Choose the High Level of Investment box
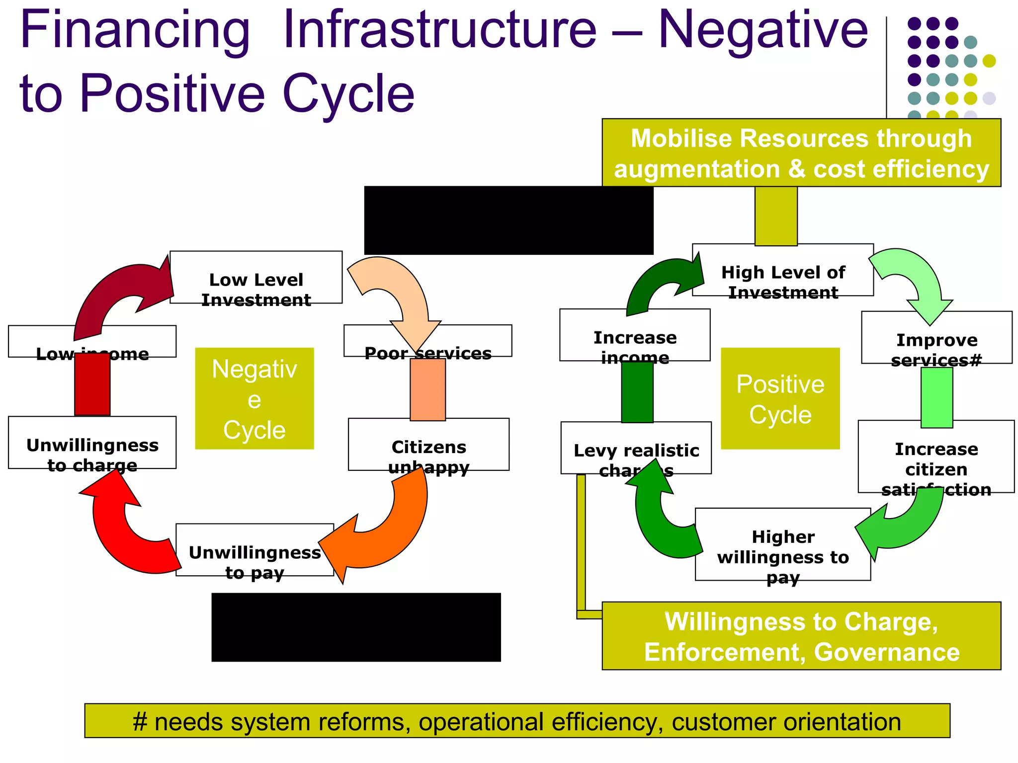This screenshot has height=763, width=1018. pos(783,271)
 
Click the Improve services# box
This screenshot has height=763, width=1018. pos(936,338)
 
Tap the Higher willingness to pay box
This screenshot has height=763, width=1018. pos(783,544)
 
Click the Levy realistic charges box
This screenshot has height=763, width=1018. pos(636,448)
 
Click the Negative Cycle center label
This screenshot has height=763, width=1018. pos(254,398)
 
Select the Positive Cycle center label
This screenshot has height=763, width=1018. pos(780,398)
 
